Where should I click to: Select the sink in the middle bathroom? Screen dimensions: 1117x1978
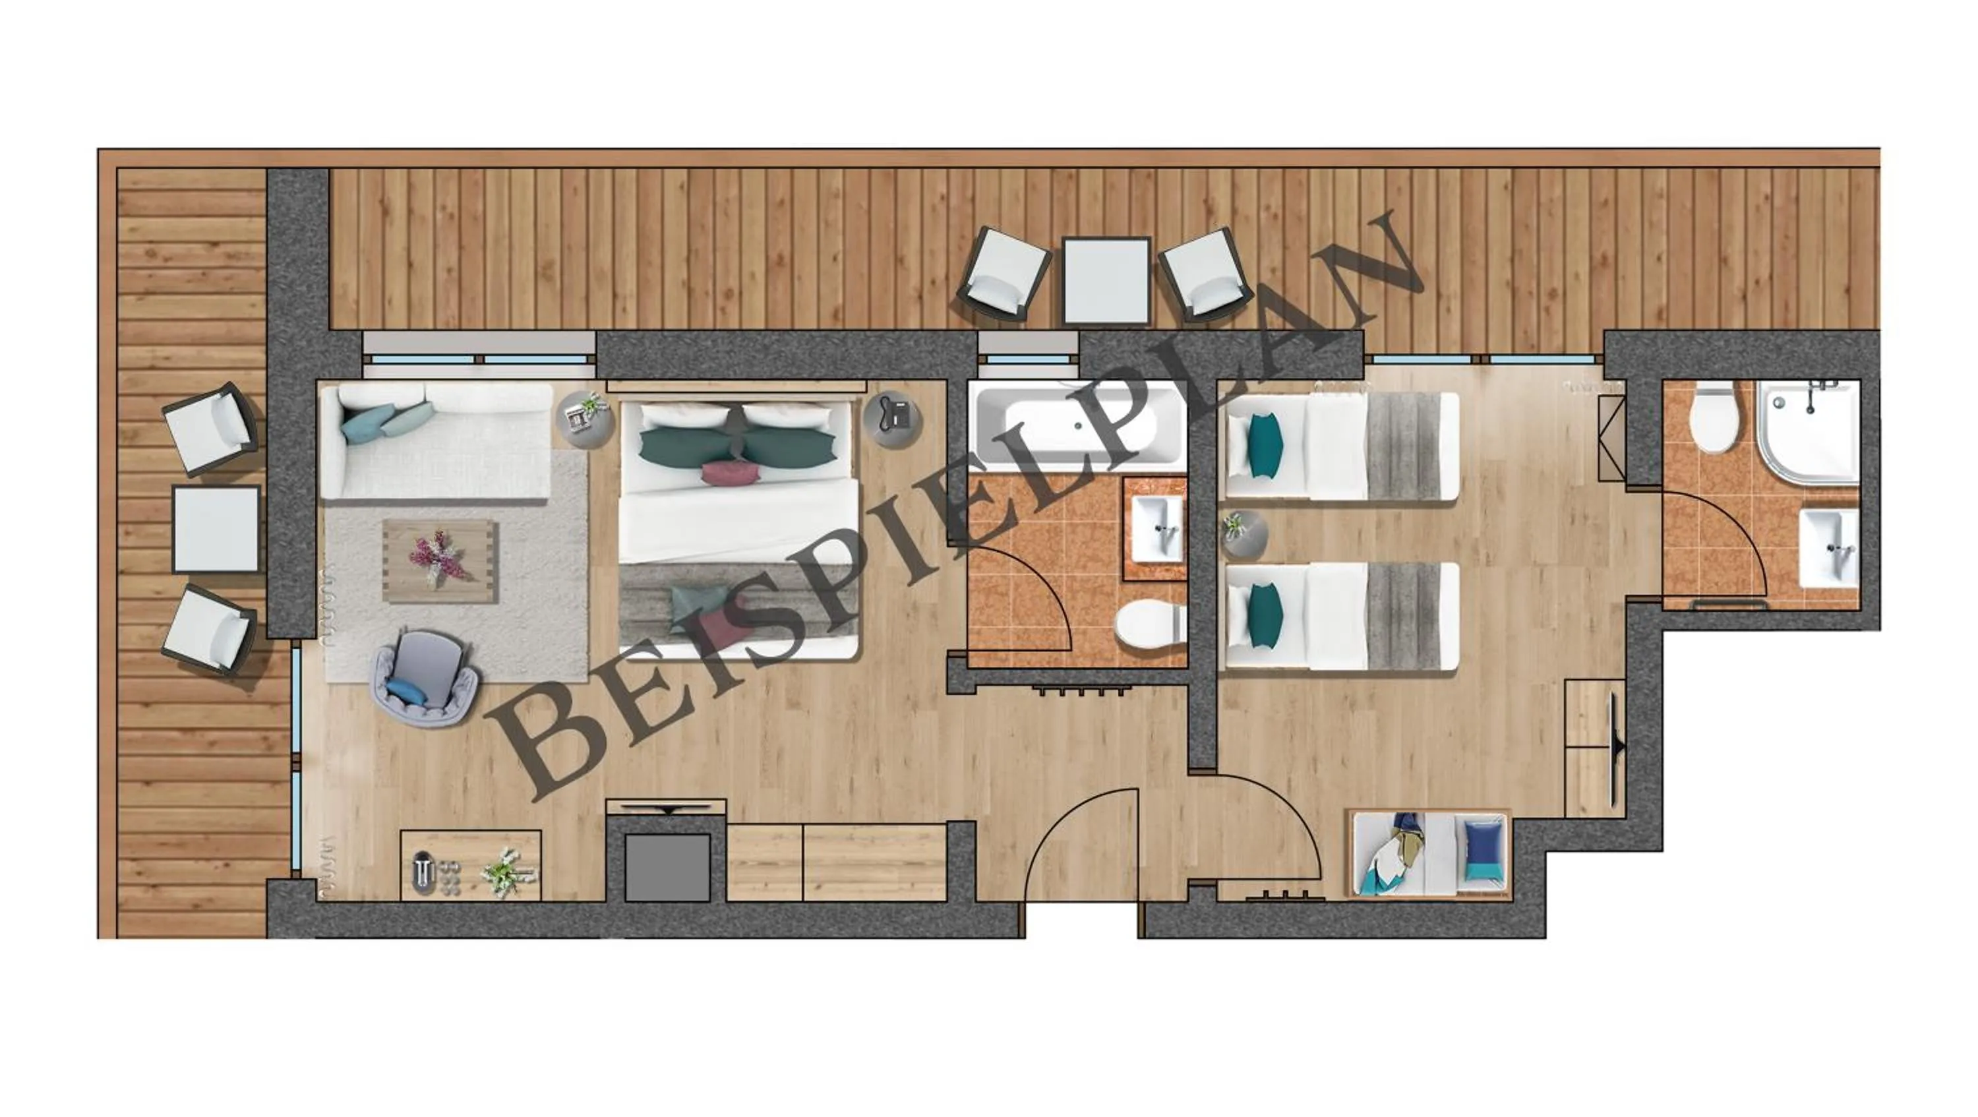[1157, 529]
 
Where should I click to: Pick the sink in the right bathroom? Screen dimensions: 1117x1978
[1829, 547]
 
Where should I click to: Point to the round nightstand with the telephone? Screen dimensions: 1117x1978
[892, 419]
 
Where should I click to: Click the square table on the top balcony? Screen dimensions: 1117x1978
[1106, 280]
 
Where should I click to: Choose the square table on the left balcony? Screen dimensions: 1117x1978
[216, 529]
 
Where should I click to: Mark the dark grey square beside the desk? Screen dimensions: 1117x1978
[667, 866]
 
